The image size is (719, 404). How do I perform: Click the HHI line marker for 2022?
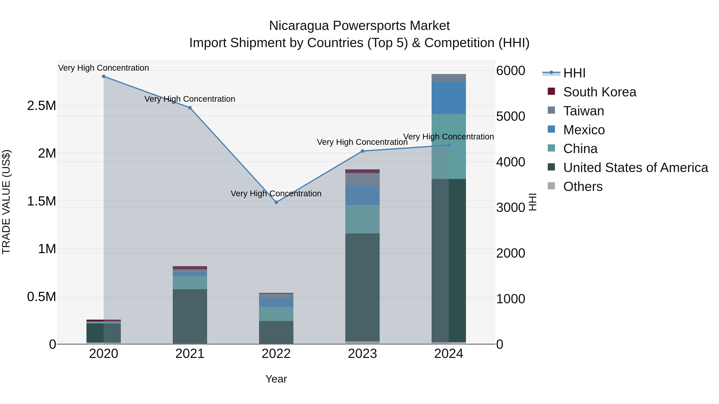tap(276, 202)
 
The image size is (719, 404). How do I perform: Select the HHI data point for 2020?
tap(103, 76)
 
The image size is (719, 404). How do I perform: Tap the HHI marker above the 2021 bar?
tap(190, 108)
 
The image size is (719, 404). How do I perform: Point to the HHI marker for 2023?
tap(362, 151)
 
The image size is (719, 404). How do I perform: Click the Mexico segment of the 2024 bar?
tap(449, 98)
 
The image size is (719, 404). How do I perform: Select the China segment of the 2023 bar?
tap(362, 219)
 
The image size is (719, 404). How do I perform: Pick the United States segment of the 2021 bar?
tap(190, 316)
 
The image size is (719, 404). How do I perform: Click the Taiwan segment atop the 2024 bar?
tap(449, 78)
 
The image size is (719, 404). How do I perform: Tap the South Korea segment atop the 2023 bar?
tap(362, 171)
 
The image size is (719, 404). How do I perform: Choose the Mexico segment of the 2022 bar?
tap(276, 302)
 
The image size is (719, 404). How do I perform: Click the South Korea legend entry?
tap(600, 92)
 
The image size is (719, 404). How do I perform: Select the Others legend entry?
tap(583, 187)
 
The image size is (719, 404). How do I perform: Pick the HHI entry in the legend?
tap(574, 73)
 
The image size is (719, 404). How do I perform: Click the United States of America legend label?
tap(636, 168)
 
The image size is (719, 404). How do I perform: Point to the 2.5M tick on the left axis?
tap(41, 106)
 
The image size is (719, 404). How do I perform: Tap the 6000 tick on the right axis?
tap(510, 71)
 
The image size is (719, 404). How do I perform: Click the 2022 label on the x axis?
tap(276, 354)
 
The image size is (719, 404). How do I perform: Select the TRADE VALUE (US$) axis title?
tap(6, 202)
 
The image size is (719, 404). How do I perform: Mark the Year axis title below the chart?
tap(276, 379)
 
